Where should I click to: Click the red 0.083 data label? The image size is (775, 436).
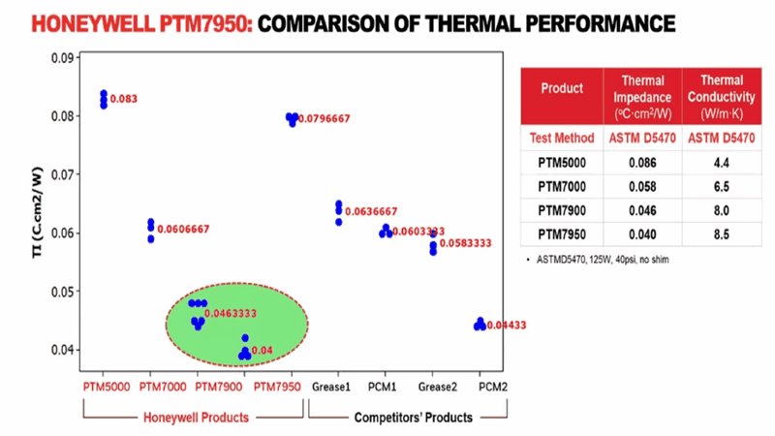click(124, 99)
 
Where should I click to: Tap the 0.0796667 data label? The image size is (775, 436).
click(325, 118)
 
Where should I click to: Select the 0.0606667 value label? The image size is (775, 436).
click(183, 229)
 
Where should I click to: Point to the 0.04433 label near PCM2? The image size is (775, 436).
click(507, 326)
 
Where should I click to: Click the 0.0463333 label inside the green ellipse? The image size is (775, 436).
click(230, 314)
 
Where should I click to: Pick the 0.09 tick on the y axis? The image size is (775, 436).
click(62, 58)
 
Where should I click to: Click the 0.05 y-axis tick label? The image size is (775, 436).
click(62, 292)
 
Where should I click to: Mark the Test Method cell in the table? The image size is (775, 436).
click(561, 138)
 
